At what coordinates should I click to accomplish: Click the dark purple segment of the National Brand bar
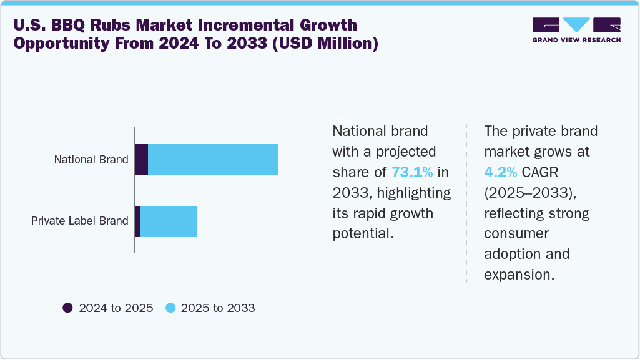pos(142,159)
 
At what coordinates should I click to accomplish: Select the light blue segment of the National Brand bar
pos(213,159)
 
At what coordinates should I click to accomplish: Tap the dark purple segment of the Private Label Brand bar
pos(138,221)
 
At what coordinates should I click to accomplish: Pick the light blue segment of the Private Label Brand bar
pos(169,221)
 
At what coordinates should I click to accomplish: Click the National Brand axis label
pos(91,160)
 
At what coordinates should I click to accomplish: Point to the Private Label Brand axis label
pos(80,221)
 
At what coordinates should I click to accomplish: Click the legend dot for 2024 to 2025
pos(67,308)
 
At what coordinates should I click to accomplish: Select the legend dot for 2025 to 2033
pos(170,308)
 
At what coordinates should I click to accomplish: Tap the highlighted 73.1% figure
pos(412,173)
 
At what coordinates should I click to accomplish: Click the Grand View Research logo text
pos(576,41)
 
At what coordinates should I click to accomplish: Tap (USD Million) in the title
pos(324,45)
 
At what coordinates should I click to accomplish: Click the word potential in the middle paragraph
pos(362,233)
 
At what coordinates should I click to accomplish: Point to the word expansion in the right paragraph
pos(519,275)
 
